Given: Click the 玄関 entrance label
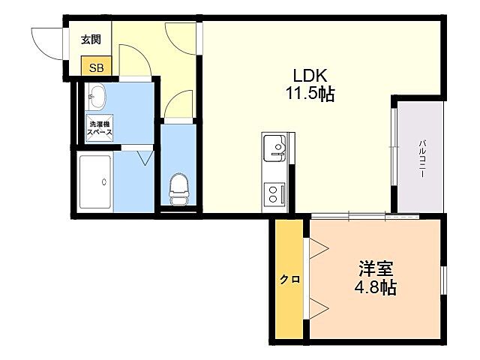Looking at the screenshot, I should point(91,40).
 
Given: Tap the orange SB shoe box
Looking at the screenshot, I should point(97,67).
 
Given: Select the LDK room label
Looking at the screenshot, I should point(308,76).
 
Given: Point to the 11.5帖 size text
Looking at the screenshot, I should point(308,94).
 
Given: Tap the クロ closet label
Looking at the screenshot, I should point(289,279).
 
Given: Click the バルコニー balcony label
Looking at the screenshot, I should point(422,157).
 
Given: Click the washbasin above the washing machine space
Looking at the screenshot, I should point(97,95).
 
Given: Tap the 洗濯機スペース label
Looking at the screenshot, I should point(100,127).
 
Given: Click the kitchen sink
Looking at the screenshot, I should point(274,146).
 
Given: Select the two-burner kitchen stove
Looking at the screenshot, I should point(274,194).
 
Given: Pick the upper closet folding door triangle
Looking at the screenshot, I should point(316,247).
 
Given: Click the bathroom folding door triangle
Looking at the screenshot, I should point(144,157).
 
